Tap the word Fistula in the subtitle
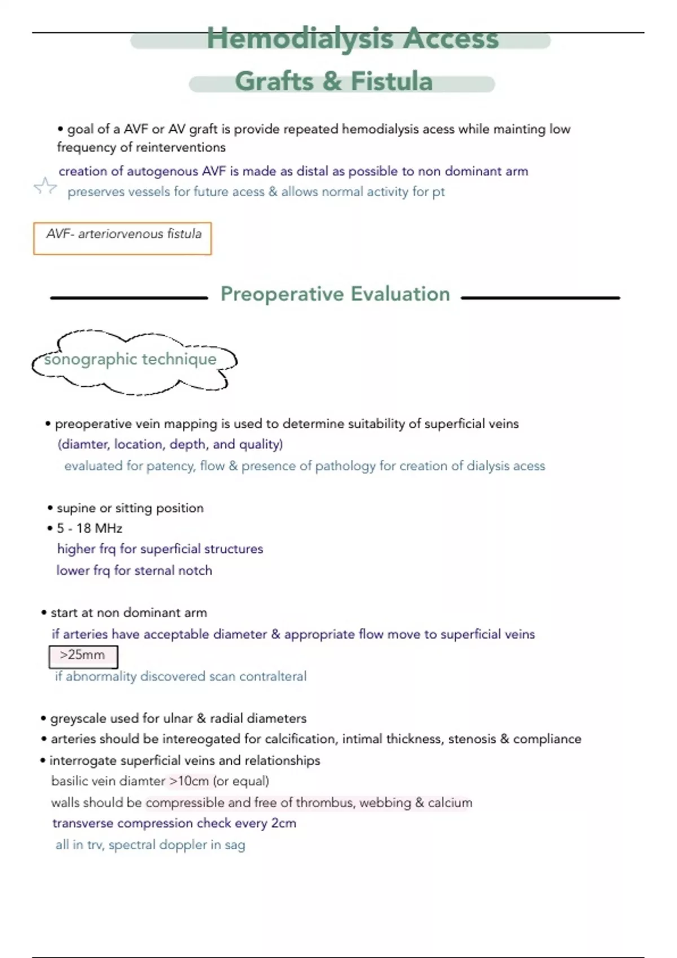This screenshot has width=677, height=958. [392, 81]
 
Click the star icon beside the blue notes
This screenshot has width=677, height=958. [45, 186]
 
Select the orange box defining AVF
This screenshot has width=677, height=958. [122, 238]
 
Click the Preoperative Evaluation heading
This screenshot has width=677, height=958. [335, 294]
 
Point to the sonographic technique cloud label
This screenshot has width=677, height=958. [130, 360]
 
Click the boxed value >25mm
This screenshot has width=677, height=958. [83, 655]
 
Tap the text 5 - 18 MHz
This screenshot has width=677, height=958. [89, 529]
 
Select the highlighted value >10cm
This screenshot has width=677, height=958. [189, 781]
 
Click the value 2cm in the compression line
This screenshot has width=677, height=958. [284, 823]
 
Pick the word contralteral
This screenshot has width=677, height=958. [272, 676]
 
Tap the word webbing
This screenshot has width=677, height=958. [385, 802]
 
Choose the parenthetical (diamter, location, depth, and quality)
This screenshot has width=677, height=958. [170, 445]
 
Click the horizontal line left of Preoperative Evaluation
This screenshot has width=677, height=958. [129, 298]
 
